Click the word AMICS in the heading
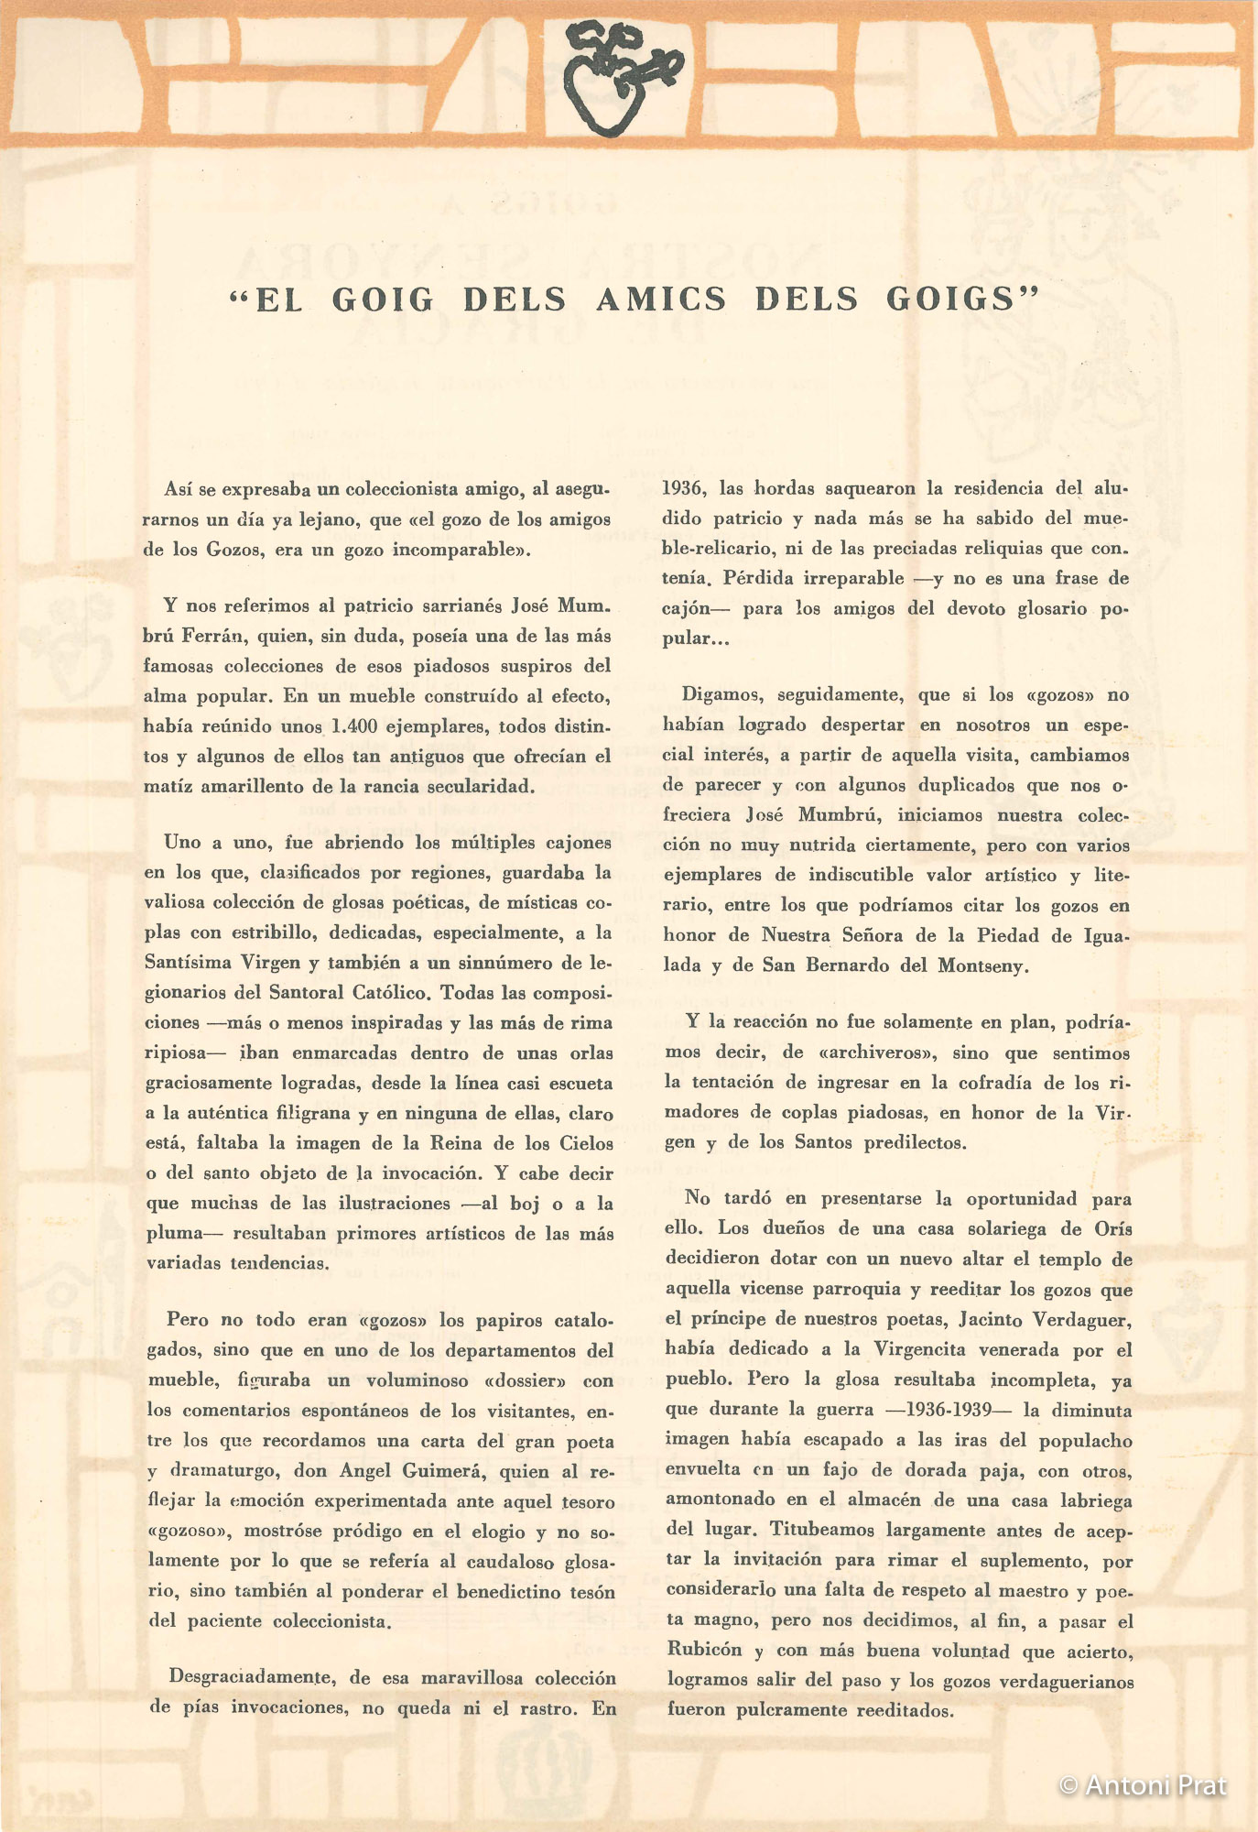click(662, 299)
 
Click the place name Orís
click(1112, 1228)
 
